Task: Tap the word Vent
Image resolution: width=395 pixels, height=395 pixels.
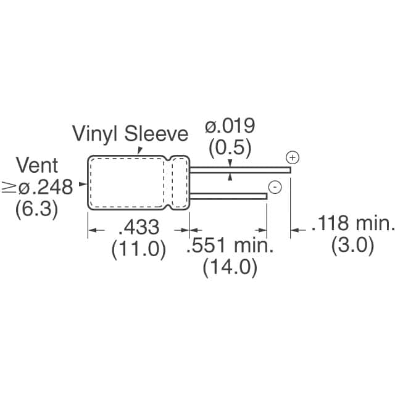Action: click(x=37, y=165)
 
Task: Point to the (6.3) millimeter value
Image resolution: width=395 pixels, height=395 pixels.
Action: click(x=37, y=209)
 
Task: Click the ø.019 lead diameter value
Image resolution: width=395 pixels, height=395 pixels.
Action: click(x=230, y=127)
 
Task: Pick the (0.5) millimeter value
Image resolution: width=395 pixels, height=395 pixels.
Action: click(x=230, y=148)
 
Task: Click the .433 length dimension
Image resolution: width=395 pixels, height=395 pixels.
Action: click(x=139, y=227)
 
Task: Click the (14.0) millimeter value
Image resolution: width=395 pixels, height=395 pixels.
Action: click(x=230, y=268)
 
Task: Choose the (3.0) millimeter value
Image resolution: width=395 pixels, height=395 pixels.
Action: click(x=353, y=246)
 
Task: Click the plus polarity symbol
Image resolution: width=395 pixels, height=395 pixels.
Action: click(x=293, y=158)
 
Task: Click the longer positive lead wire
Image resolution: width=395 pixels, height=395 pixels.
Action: click(x=241, y=168)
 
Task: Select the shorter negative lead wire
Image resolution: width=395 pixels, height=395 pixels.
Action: click(x=228, y=196)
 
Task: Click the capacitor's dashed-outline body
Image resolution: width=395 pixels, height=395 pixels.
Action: click(x=130, y=182)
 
